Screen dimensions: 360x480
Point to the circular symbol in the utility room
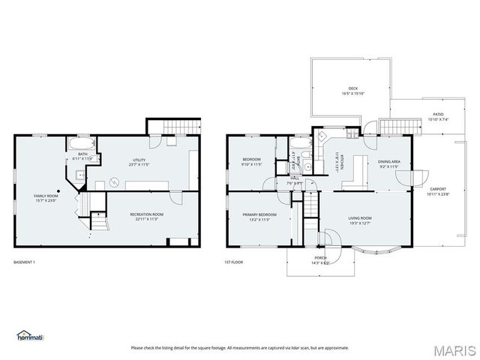[115, 181]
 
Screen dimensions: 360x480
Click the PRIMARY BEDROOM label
[259, 217]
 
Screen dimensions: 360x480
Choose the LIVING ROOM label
[360, 220]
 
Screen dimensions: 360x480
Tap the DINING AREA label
[388, 163]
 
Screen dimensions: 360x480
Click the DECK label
[352, 91]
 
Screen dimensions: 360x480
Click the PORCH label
[321, 259]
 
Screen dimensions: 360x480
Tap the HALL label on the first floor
[295, 181]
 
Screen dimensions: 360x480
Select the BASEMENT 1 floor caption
[25, 262]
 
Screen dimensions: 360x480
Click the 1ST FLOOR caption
[234, 262]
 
